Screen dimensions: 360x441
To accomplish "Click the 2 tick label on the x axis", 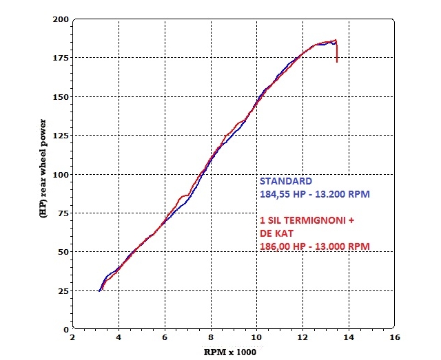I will tap(73, 339).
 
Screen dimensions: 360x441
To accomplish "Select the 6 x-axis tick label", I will tap(165, 339).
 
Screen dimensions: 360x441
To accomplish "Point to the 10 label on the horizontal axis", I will tap(256, 339).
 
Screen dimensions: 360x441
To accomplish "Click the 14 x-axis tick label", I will tap(349, 339).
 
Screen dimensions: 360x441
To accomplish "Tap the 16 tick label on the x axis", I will tap(394, 339).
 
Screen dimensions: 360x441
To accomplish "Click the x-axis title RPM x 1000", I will tap(232, 351).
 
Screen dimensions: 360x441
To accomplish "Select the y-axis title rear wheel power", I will tap(43, 172).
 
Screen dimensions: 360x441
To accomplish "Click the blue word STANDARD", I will tap(285, 182).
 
